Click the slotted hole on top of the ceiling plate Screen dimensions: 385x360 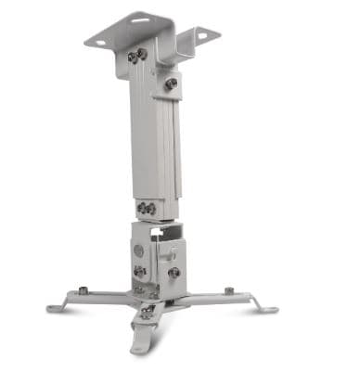142,19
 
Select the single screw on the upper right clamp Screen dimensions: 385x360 171,84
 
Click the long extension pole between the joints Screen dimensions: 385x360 153,139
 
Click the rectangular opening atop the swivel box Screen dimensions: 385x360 163,229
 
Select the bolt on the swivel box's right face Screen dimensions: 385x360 174,273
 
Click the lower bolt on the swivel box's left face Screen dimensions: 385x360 140,272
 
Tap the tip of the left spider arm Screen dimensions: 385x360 53,306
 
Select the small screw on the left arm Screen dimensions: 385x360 84,291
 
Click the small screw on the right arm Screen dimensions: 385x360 228,291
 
